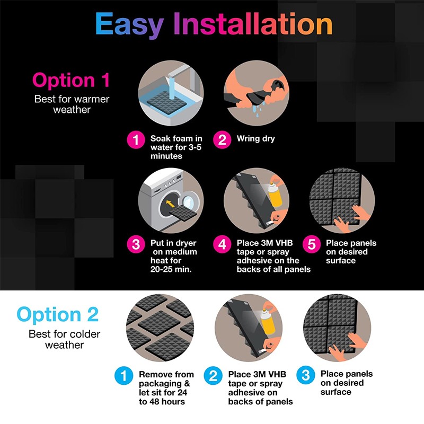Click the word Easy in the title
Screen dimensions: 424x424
pos(129,25)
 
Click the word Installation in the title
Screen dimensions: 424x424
pos(253,24)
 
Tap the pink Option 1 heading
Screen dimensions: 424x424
pos(71,81)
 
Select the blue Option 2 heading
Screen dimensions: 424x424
pos(58,315)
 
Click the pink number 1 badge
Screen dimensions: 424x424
pos(136,139)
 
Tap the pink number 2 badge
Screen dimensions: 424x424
pos(222,139)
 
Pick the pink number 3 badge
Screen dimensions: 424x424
pos(136,244)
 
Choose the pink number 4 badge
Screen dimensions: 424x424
pos(222,244)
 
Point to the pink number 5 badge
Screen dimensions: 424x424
pos(312,244)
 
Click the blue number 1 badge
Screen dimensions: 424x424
pos(123,376)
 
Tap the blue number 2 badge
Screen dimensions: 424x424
pos(213,376)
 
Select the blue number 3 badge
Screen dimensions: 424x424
pos(306,375)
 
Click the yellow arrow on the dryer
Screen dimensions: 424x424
pos(170,204)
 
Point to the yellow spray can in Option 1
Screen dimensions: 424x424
pos(275,194)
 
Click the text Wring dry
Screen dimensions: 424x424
pos(255,139)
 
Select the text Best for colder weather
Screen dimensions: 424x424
pos(64,340)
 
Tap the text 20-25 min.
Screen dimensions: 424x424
pos(171,269)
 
